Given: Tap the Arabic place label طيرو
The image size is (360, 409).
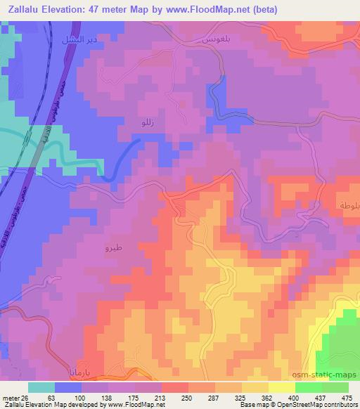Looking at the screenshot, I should click(x=113, y=249).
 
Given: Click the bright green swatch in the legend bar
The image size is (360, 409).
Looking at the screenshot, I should click(x=307, y=387).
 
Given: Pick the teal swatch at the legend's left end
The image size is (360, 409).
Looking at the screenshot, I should click(x=43, y=387).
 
